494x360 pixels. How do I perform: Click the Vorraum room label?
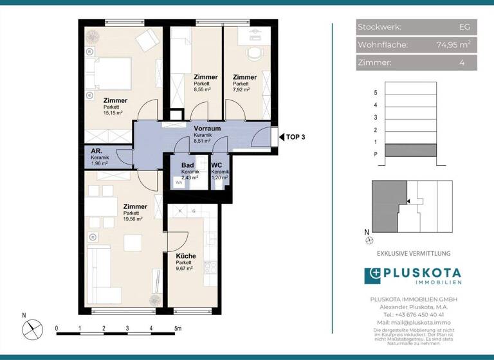pos(207,129)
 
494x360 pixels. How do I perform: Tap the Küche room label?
pos(186,256)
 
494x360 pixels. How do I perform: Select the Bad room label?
pos(187,165)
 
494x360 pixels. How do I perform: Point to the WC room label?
pos(216,165)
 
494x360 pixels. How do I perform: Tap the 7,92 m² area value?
pos(241,90)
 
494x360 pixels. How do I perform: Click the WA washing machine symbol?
pos(178,182)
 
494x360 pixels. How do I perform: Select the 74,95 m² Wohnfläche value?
pos(453,44)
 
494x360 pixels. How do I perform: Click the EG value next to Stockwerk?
pos(464,27)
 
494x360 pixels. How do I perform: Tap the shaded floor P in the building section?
pos(410,154)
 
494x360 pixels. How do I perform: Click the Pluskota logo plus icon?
pos(373,276)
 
